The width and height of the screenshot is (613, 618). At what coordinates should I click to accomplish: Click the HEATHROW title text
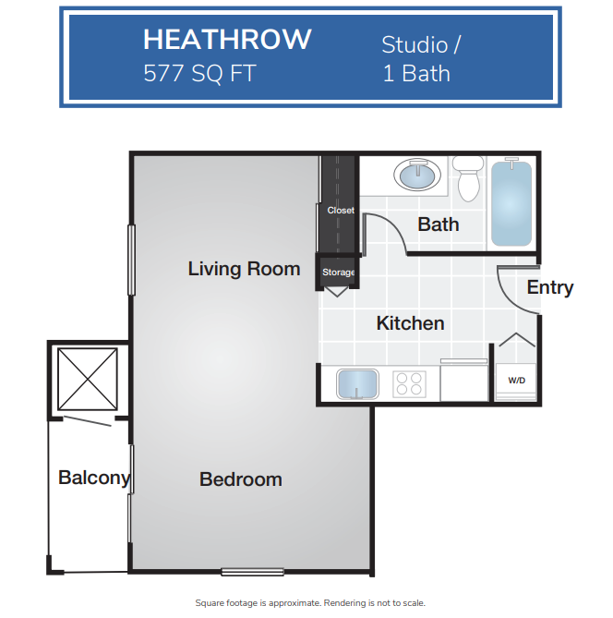(x=227, y=40)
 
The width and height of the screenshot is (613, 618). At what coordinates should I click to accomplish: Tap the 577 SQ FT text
(x=199, y=73)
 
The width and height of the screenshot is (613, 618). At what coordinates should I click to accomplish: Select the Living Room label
(x=245, y=269)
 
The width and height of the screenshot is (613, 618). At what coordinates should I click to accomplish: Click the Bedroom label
(x=241, y=479)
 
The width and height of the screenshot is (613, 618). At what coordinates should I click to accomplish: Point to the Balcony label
(x=94, y=479)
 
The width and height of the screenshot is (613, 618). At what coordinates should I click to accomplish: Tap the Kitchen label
(x=411, y=323)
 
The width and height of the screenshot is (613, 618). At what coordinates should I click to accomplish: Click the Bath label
(x=439, y=224)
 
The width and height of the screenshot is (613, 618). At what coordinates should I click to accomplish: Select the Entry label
(x=550, y=287)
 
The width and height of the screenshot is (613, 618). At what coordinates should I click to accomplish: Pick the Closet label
(x=341, y=211)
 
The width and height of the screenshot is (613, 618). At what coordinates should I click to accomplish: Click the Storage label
(x=339, y=273)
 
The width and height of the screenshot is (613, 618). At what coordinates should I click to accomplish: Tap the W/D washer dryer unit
(x=516, y=382)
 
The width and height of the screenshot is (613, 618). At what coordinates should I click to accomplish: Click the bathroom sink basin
(x=417, y=175)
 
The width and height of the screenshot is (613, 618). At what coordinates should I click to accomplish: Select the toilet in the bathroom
(x=468, y=178)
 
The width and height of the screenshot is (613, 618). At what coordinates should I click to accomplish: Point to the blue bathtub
(x=511, y=203)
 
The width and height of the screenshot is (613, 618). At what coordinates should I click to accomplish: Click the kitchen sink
(x=357, y=384)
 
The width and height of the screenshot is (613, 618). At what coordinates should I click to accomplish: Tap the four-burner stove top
(x=409, y=384)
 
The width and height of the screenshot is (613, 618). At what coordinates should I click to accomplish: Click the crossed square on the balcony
(x=88, y=379)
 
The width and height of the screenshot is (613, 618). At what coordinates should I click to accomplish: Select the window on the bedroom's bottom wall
(x=253, y=572)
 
